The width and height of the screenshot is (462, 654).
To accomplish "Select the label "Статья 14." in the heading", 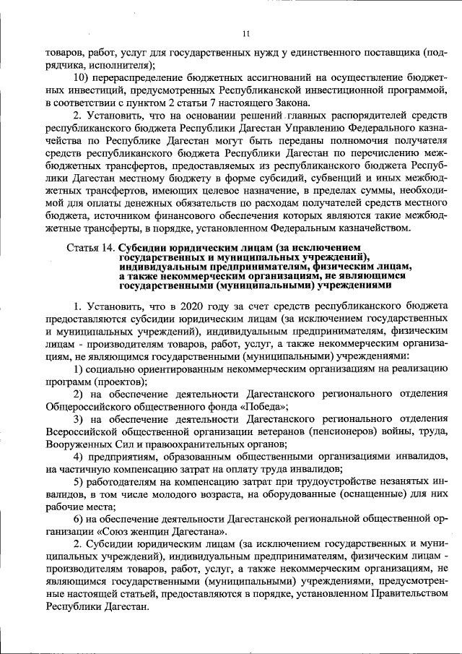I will coord(90,248).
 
